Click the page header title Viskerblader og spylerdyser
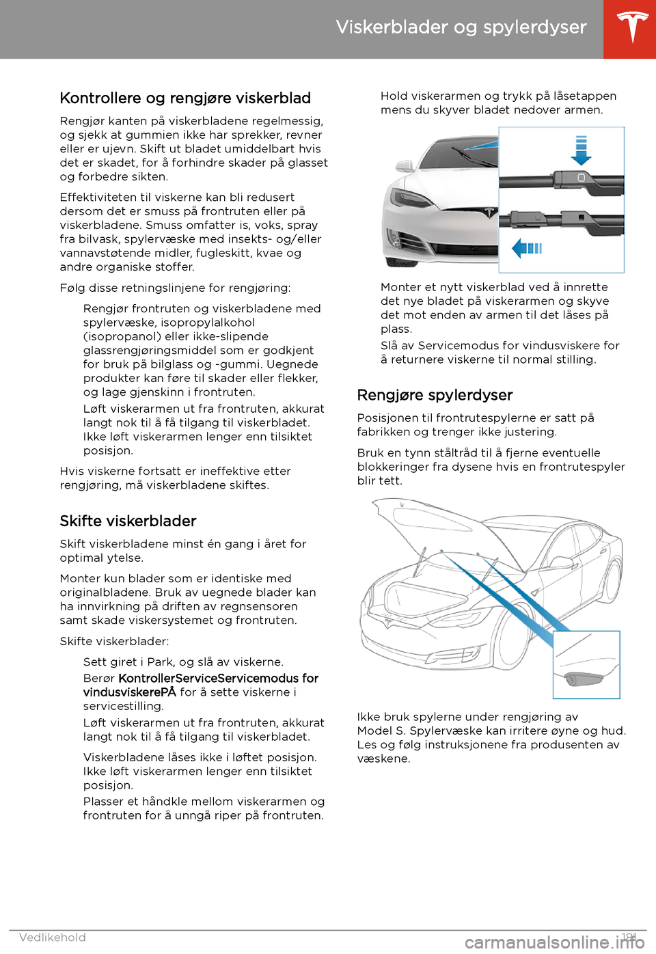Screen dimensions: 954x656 point(461,27)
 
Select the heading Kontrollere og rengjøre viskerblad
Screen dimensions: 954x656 point(185,98)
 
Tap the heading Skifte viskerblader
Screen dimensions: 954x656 point(128,521)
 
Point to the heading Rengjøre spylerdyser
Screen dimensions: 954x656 point(435,396)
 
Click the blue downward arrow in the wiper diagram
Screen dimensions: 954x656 point(581,150)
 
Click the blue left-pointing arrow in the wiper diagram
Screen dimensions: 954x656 point(526,247)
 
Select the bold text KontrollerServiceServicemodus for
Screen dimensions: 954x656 point(219,679)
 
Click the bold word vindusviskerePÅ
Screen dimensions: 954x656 point(130,692)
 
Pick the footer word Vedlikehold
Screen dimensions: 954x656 point(53,938)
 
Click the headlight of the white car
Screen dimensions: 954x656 point(409,199)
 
